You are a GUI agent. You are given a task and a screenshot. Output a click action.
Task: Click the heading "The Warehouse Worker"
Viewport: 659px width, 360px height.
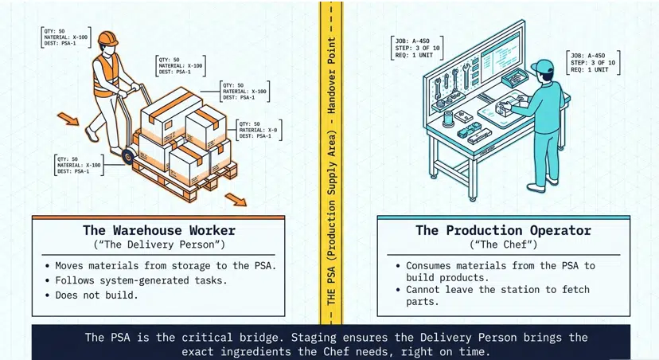click(x=159, y=231)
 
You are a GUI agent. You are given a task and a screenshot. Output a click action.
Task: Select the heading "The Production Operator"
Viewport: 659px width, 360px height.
click(x=503, y=231)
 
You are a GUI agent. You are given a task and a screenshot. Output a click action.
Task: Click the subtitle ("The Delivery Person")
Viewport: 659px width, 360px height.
click(x=159, y=245)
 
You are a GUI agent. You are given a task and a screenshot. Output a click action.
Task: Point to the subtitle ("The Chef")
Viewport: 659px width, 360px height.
click(x=503, y=245)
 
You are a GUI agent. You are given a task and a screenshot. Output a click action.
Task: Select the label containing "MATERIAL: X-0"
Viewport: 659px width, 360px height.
click(x=259, y=130)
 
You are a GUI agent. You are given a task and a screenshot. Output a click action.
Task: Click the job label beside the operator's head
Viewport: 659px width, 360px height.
click(x=594, y=62)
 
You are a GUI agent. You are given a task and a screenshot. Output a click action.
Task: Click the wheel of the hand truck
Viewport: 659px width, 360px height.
click(x=127, y=157)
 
